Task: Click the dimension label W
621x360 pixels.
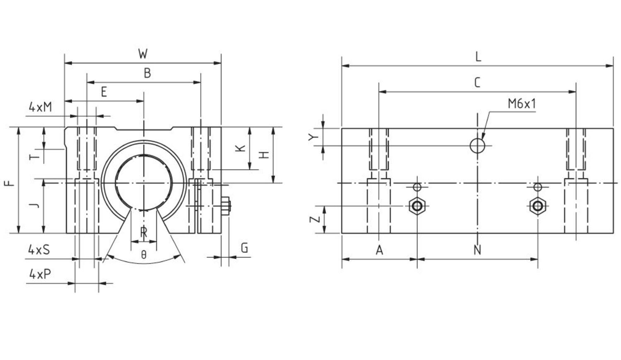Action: coord(143,54)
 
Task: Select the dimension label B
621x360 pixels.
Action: coord(147,73)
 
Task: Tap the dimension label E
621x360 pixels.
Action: coord(104,92)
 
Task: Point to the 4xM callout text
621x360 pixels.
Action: coord(41,107)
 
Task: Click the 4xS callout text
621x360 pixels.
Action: coord(39,249)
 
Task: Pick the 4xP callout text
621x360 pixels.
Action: coord(40,274)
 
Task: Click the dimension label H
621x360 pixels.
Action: coord(264,155)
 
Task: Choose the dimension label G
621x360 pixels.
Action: coord(245,248)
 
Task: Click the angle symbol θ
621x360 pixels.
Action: coord(144,255)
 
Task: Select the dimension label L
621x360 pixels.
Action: coord(478,57)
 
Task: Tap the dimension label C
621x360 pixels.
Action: coord(477,83)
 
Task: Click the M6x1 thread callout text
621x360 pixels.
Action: coord(522,104)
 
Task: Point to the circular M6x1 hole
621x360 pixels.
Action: coord(477,145)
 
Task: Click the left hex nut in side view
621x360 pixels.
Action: coord(417,205)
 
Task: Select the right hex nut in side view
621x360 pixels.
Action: coord(537,205)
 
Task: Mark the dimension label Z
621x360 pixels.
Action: coord(315,218)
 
